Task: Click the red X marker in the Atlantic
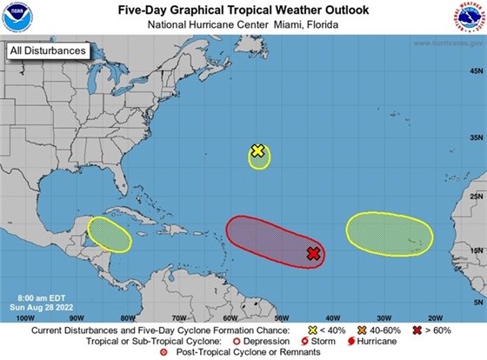[314, 253]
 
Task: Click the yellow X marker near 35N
[257, 151]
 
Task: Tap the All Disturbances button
[48, 51]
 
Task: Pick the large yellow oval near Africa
[389, 233]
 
